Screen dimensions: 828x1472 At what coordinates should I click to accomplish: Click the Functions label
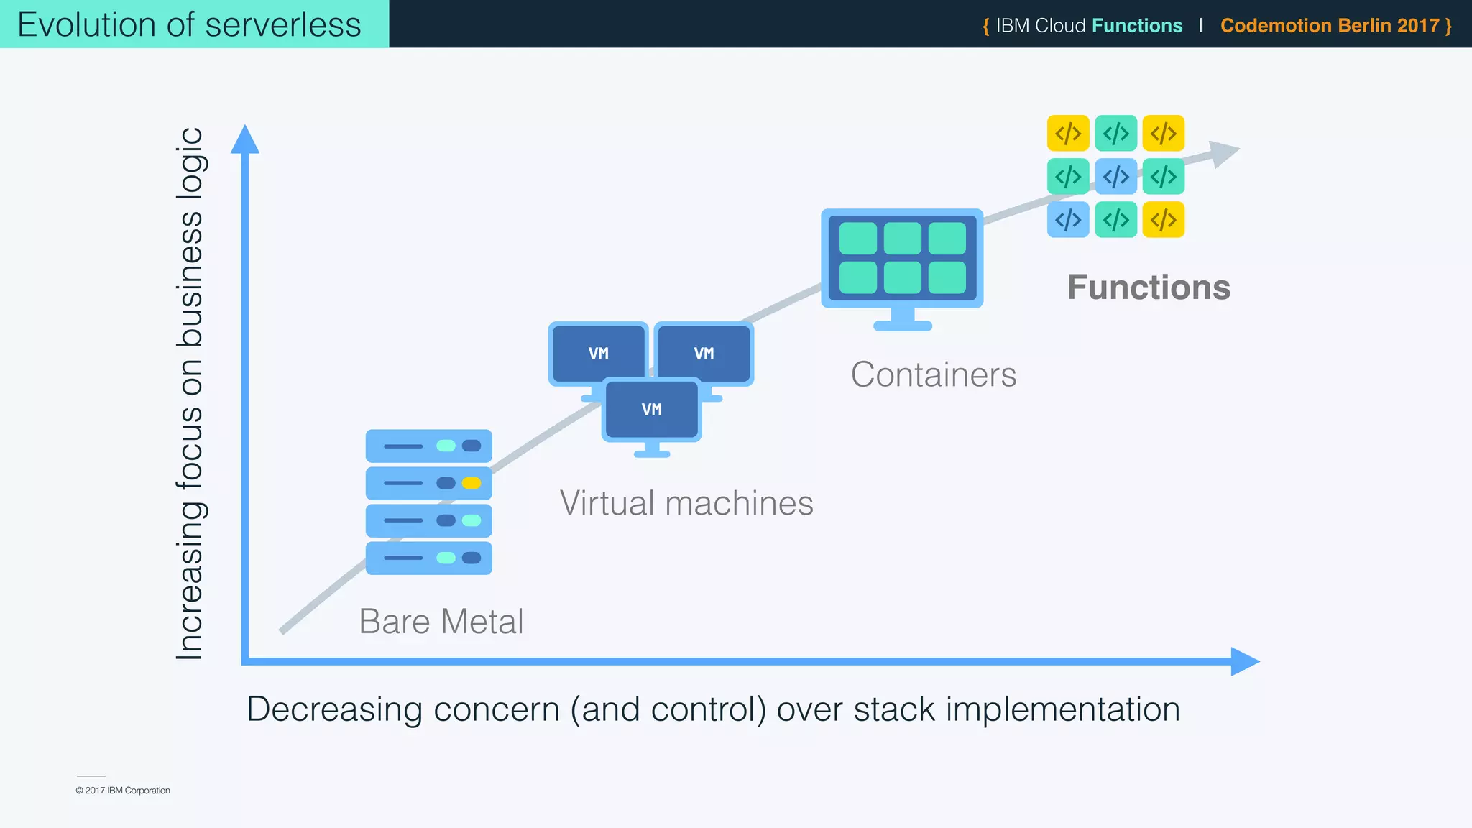(1148, 287)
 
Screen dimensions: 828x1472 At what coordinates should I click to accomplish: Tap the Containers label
(933, 374)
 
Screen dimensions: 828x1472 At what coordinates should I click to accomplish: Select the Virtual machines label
(686, 503)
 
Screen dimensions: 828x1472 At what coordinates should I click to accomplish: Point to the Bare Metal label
(441, 621)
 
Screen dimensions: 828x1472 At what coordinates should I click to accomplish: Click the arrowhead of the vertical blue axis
(244, 139)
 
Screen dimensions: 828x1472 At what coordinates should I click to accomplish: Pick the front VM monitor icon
(651, 410)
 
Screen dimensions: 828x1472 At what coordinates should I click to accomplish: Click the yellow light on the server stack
(471, 483)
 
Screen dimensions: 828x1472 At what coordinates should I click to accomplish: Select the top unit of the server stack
(428, 446)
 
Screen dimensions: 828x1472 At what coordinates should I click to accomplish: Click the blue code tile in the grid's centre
(1115, 177)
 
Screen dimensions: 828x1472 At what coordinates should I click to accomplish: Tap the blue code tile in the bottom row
(1068, 220)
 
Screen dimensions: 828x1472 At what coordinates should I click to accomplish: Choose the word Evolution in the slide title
(86, 24)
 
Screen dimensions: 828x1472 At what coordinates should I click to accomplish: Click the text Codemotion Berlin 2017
(1329, 26)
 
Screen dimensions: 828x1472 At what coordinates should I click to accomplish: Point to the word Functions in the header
(1136, 26)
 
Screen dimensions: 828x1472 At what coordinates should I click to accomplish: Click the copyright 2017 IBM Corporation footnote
(123, 791)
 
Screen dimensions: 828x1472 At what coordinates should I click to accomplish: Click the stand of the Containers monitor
(902, 319)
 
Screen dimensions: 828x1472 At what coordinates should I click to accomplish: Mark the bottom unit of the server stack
(428, 558)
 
